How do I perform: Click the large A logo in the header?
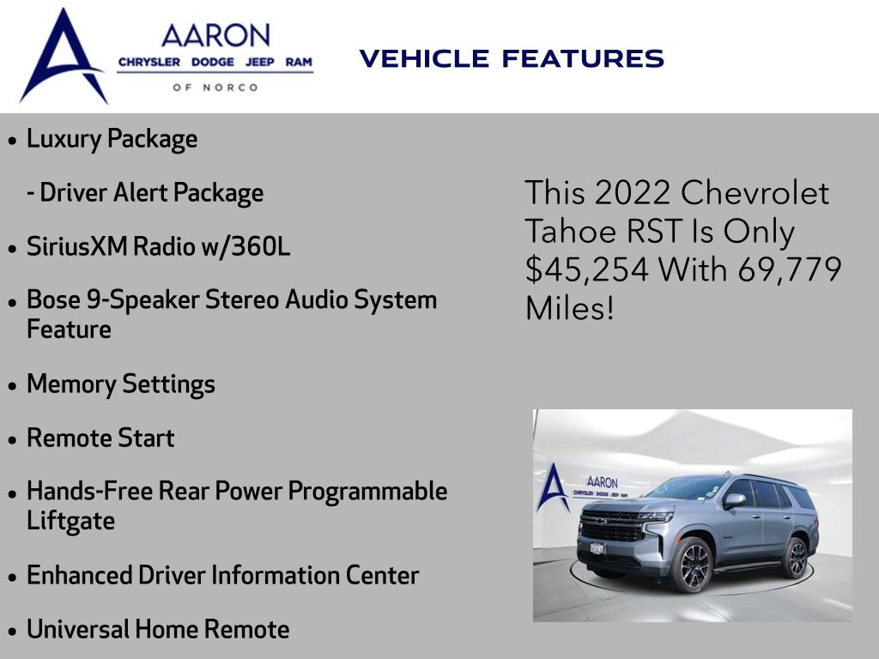63,56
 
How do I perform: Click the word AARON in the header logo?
215,36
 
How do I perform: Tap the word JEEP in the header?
259,62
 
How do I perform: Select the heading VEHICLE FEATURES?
512,58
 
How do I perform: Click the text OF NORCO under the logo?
215,88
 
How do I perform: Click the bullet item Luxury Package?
112,139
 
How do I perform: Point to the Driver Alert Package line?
145,193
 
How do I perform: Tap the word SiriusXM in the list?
76,246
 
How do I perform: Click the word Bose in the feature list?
53,299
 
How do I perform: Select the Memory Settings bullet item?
121,384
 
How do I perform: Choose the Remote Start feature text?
101,438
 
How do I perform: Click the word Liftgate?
70,521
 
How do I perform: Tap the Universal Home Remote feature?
158,629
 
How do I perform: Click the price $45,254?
587,269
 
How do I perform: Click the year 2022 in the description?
633,193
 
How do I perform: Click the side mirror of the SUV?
734,500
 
